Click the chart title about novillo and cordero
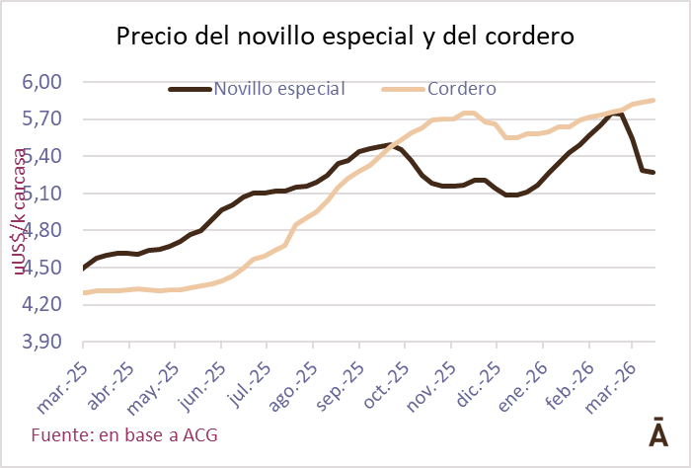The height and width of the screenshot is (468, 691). pyautogui.click(x=345, y=38)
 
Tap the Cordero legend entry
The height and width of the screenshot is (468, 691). pyautogui.click(x=439, y=88)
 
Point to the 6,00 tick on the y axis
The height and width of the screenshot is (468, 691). pyautogui.click(x=41, y=82)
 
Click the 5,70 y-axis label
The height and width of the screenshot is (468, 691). pyautogui.click(x=41, y=118)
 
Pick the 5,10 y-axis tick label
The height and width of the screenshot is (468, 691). pyautogui.click(x=41, y=194)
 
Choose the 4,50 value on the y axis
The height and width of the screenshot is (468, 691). pyautogui.click(x=41, y=268)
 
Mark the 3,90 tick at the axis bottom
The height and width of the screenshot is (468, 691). pyautogui.click(x=41, y=342)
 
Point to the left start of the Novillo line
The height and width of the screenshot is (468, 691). pyautogui.click(x=84, y=268)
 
